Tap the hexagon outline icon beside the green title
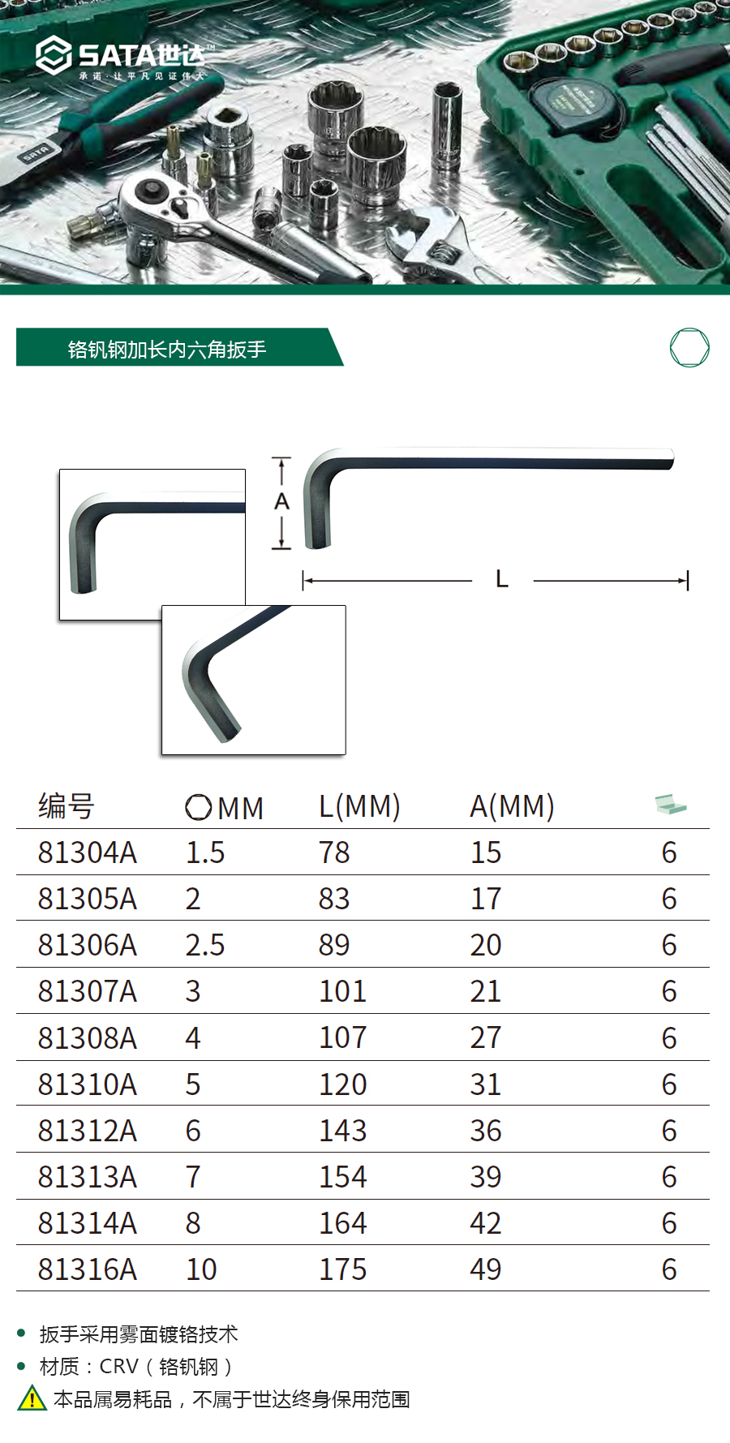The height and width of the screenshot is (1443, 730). pos(689,348)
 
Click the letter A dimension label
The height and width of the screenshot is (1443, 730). pos(281,501)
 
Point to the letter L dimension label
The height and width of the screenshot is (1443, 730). pos(502,579)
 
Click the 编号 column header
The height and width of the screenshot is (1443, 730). pos(67,806)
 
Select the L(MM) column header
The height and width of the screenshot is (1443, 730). pos(359,806)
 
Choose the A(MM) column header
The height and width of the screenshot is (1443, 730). pos(512,806)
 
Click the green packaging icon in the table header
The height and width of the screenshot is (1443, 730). pos(671,805)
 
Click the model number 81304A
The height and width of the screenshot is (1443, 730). pos(88,852)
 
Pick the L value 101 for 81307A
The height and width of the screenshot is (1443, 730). pos(342,991)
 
